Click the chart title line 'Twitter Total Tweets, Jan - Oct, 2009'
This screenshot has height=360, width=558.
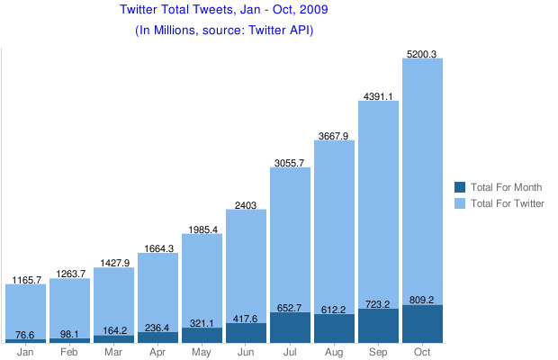(x=224, y=11)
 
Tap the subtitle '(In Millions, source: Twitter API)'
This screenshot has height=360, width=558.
(x=224, y=30)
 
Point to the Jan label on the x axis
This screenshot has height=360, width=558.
(x=25, y=351)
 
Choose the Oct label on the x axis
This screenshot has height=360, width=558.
(x=422, y=351)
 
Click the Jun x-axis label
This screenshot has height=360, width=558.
(x=246, y=351)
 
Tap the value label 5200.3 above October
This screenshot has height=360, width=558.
(x=422, y=54)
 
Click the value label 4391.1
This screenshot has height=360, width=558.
(x=378, y=96)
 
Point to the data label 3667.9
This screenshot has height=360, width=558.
(x=334, y=136)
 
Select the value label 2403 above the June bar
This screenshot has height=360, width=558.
(x=246, y=205)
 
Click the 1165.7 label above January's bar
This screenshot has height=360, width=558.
(x=25, y=280)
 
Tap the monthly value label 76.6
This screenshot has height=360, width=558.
(x=25, y=335)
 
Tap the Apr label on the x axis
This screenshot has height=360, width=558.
(x=157, y=351)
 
